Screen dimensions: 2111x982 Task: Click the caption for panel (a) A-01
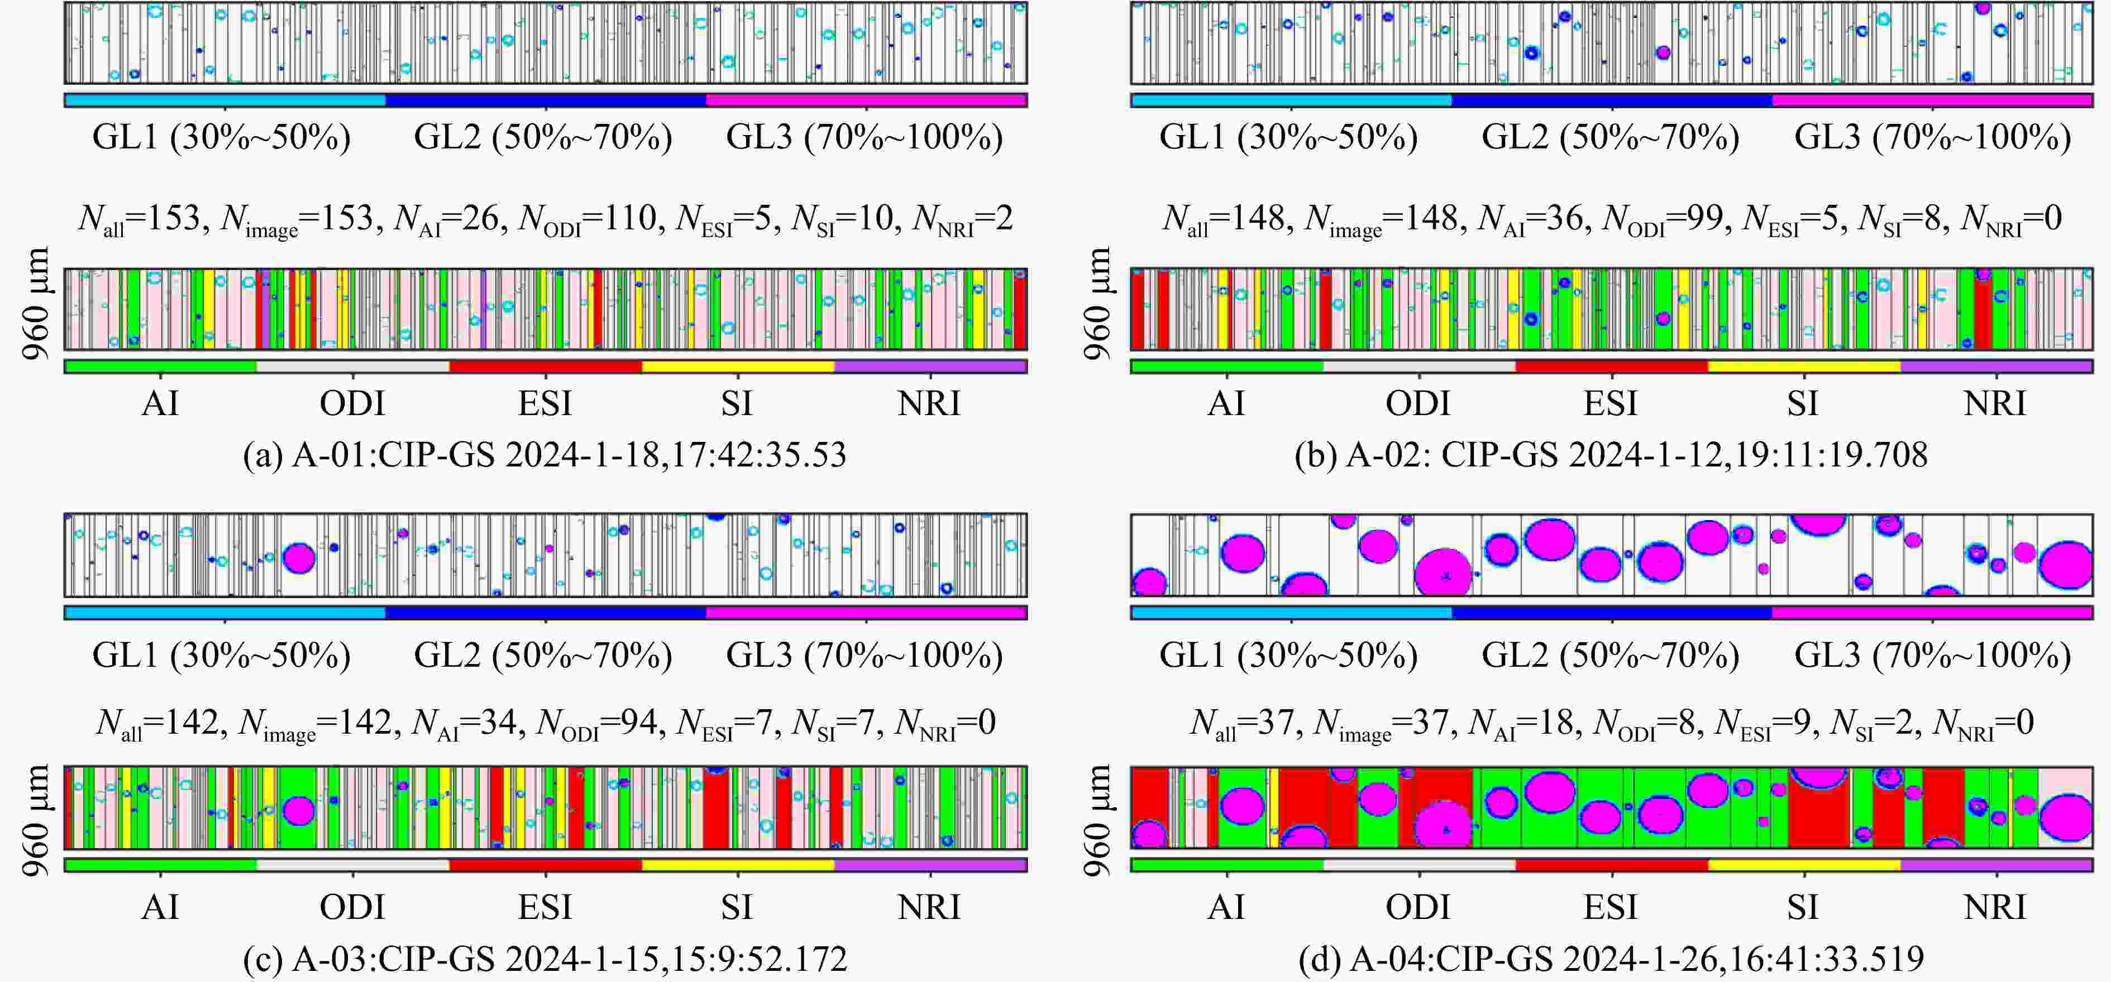[x=545, y=455]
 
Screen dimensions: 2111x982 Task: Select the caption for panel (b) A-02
[x=1611, y=455]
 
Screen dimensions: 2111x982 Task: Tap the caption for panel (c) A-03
[x=545, y=958]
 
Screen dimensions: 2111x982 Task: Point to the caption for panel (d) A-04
[x=1611, y=958]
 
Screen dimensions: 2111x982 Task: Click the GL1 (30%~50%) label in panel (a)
[x=221, y=137]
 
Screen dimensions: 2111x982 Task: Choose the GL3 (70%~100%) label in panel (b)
[x=1932, y=137]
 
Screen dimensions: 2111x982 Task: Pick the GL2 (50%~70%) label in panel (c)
[x=543, y=655]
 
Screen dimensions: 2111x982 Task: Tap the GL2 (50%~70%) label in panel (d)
[x=1610, y=655]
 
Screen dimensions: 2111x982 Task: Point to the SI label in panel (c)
[x=737, y=907]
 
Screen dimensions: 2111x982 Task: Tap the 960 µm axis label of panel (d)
[x=1098, y=819]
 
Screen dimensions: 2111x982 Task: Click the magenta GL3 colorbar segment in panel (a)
[x=866, y=100]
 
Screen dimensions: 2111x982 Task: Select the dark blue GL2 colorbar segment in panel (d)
[x=1612, y=612]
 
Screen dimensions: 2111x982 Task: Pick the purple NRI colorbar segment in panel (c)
[x=930, y=864]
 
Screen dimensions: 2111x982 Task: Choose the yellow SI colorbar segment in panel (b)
[x=1804, y=366]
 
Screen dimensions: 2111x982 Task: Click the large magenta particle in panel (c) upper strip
[x=298, y=558]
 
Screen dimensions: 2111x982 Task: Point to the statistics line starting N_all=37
[x=1611, y=723]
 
